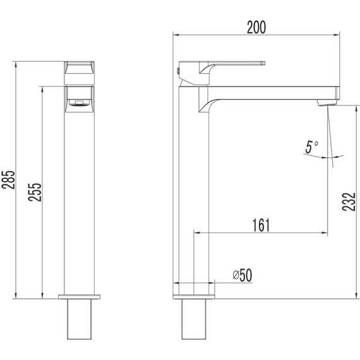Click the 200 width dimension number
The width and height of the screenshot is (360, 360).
[x=256, y=27]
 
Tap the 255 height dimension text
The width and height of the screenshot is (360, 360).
[x=36, y=192]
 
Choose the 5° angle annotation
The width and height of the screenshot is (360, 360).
[x=312, y=147]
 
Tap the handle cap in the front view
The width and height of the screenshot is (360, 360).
[x=80, y=71]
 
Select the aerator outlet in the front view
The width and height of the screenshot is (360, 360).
[x=80, y=103]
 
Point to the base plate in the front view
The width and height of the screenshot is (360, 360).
[x=80, y=296]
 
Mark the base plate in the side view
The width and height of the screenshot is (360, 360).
[x=195, y=295]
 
